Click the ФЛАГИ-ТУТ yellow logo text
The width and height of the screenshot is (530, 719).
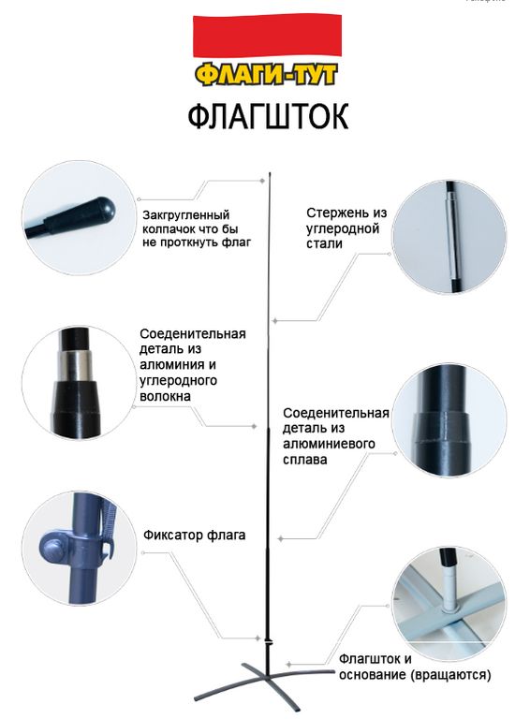[266, 74]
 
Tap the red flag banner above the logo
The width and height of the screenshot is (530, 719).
[267, 37]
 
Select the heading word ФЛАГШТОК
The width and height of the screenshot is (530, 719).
[268, 116]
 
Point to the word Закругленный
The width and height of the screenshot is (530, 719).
[186, 215]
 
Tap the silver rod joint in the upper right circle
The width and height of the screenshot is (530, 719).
[450, 236]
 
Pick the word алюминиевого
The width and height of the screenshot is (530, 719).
[330, 444]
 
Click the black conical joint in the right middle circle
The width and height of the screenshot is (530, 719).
[443, 428]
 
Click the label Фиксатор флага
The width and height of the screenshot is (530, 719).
[195, 536]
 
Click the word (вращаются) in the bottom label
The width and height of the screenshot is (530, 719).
[450, 675]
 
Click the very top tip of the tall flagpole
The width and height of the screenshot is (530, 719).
[270, 173]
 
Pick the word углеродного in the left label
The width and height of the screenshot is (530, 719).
[179, 381]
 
